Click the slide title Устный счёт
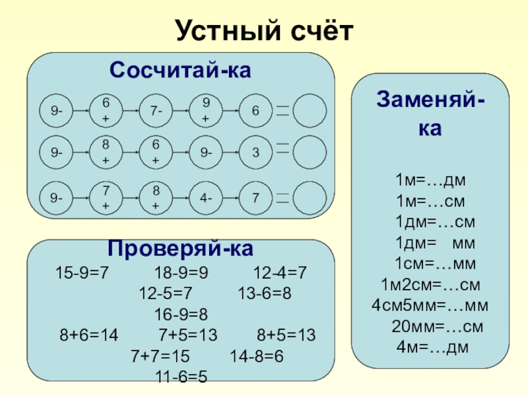[x=264, y=30]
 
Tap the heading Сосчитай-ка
[x=180, y=69]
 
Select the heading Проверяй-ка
[x=180, y=250]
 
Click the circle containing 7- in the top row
[x=156, y=112]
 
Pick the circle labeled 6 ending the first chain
[x=255, y=112]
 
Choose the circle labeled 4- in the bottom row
[x=206, y=197]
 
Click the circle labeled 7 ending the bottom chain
[x=255, y=197]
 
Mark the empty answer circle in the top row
[x=309, y=112]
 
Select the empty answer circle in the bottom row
[x=309, y=197]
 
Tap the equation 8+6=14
[x=88, y=335]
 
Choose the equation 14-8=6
[x=256, y=356]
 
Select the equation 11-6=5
[x=181, y=378]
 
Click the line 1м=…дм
[x=431, y=180]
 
